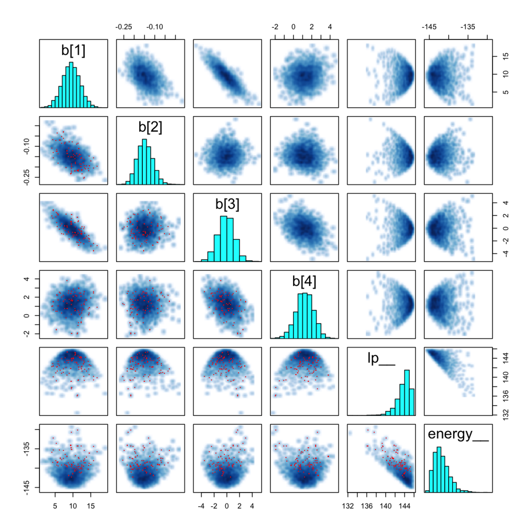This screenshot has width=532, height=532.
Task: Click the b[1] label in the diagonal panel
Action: [x=73, y=50]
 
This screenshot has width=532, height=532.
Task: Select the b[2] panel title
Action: [x=150, y=127]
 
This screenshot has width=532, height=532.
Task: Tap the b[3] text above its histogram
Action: [x=227, y=204]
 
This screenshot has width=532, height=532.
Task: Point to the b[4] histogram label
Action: [x=304, y=281]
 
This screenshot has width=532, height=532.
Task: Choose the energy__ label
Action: [x=458, y=434]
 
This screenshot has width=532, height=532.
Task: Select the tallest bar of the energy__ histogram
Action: [x=439, y=469]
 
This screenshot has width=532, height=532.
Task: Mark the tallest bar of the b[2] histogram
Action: [x=144, y=162]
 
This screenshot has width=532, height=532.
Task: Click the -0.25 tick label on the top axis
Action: [x=124, y=27]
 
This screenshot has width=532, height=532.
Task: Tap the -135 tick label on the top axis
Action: [x=467, y=27]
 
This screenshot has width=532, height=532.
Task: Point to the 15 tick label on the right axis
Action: [x=506, y=56]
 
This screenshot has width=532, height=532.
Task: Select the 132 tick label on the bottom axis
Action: [x=348, y=506]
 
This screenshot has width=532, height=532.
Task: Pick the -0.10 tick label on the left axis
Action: [x=27, y=146]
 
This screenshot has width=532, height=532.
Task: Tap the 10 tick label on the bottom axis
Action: [x=73, y=506]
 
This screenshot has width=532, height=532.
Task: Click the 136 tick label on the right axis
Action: [x=506, y=395]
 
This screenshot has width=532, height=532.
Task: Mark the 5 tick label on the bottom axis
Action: [x=55, y=506]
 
